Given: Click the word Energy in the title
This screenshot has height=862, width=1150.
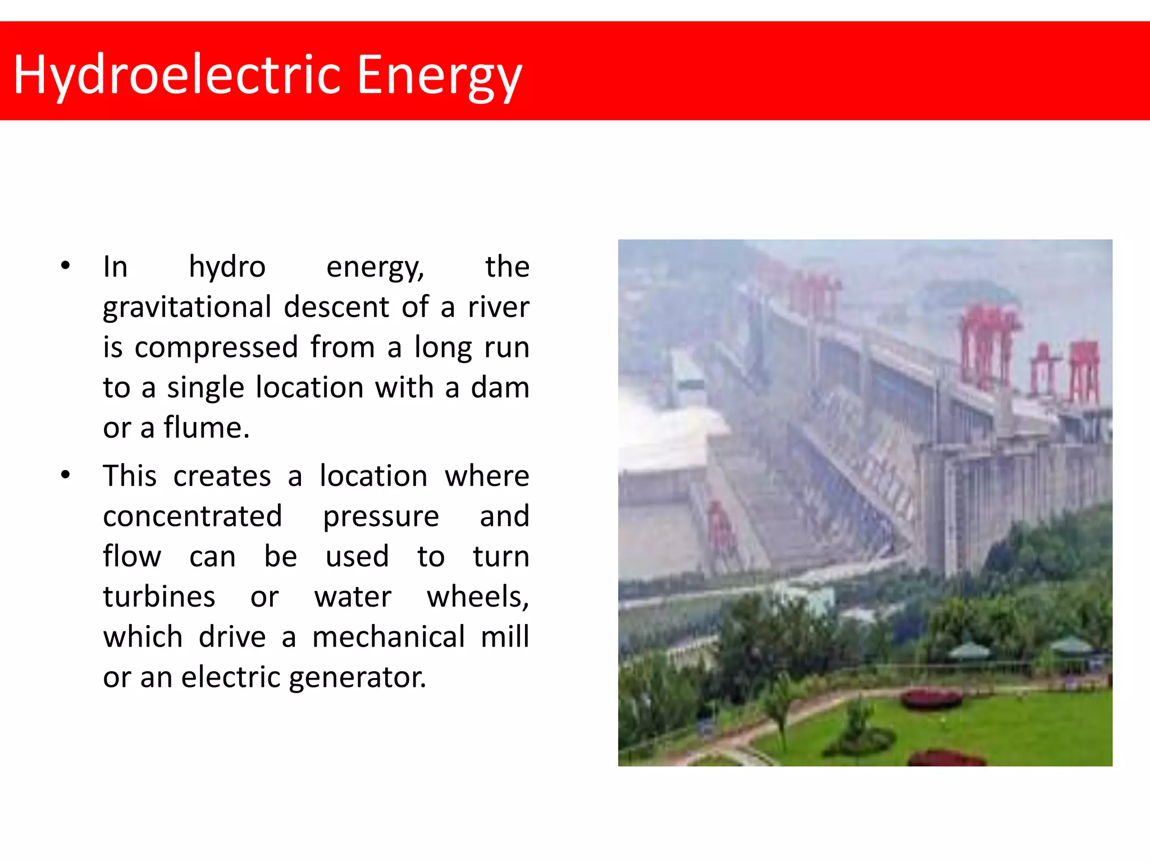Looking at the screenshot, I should tap(439, 75).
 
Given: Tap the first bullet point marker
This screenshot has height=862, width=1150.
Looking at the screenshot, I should tap(66, 265).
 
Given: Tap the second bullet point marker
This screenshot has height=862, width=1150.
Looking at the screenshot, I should tap(66, 475).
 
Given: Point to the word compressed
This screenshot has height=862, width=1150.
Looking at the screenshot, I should tap(216, 347).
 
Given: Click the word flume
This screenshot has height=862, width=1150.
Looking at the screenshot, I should tap(206, 428).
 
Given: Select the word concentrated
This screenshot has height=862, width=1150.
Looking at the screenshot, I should tap(192, 516).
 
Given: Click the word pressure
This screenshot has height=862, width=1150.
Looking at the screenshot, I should tap(381, 516).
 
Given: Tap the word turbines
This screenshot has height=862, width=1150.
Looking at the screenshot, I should tap(159, 597).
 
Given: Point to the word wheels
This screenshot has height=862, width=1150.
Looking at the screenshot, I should tap(477, 597).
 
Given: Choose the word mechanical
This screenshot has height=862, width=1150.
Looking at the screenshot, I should tap(389, 637).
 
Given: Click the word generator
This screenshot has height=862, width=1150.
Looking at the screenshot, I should tap(358, 677).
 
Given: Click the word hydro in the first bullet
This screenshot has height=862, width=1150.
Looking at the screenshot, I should tap(227, 267).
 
